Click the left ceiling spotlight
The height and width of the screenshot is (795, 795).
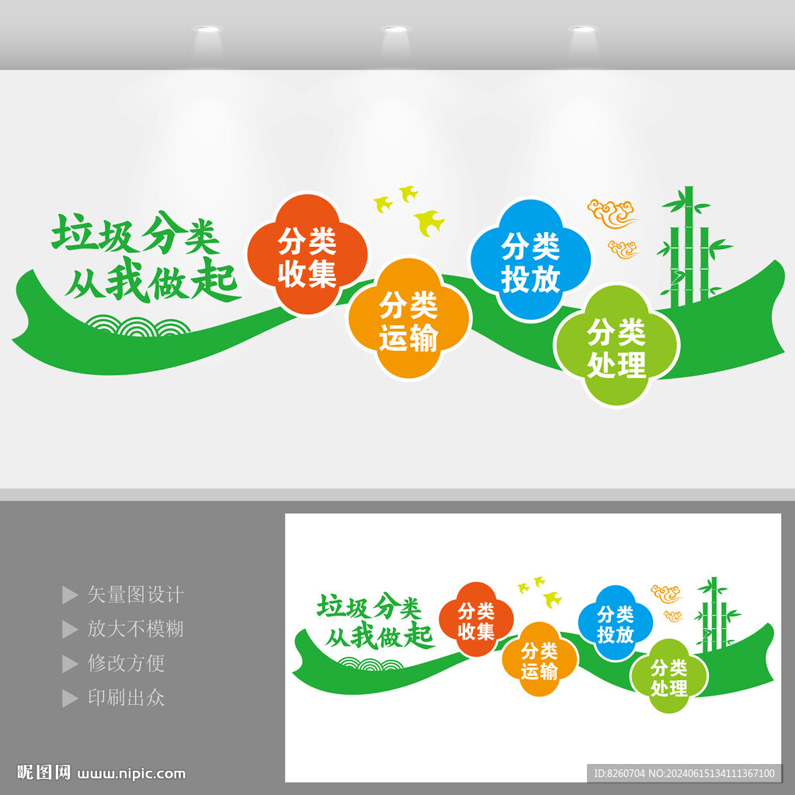pos(208,29)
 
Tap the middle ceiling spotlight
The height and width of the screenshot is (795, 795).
pos(395,29)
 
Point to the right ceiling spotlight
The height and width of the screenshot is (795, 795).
pos(583,29)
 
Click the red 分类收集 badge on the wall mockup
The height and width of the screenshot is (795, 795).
pos(307,254)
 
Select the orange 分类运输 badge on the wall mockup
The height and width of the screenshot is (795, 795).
pos(408,318)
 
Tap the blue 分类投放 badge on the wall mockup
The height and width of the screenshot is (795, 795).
pos(530,260)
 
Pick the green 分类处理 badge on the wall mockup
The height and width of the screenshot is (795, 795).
pos(616,345)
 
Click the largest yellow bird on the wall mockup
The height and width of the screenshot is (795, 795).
pos(429,223)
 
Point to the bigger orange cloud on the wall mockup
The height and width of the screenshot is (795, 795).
pos(612,213)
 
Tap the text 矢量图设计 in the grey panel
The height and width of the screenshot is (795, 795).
pos(135,595)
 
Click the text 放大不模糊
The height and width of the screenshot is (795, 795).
pos(135,629)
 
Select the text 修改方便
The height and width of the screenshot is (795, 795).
pos(126,663)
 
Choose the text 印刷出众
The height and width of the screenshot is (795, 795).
pos(126,698)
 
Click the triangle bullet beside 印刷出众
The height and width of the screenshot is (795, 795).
pos(69,698)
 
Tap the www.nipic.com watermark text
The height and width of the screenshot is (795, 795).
pos(131,774)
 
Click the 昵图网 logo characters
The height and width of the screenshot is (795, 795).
pos(43,772)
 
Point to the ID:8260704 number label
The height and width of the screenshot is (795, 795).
pos(619,773)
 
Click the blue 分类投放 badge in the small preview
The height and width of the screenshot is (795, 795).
pos(615,623)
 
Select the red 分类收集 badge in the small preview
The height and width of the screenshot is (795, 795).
pos(476,620)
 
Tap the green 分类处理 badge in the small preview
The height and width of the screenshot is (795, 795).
pos(668,677)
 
